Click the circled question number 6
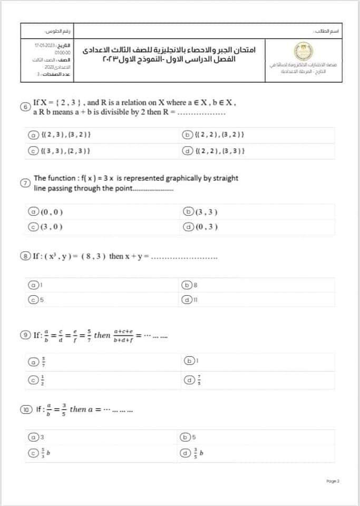pyautogui.click(x=25, y=106)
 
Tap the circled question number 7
pyautogui.click(x=25, y=183)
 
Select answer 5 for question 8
pyautogui.click(x=33, y=299)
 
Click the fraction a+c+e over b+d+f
pyautogui.click(x=123, y=334)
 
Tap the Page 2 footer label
pyautogui.click(x=333, y=481)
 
